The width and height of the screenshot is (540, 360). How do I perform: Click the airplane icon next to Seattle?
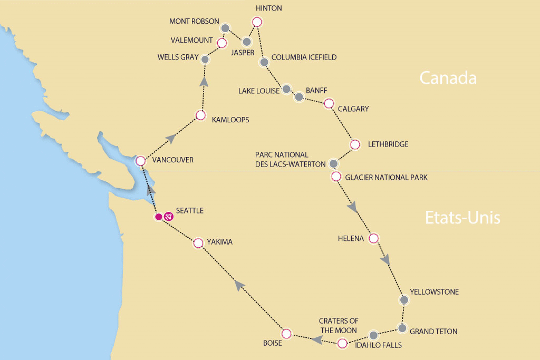coord(168,216)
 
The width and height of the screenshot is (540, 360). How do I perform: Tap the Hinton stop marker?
coord(257,22)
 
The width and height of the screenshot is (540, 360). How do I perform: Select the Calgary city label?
coord(353,109)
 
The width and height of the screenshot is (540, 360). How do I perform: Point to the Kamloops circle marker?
coord(200,115)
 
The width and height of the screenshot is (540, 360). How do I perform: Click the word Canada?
coord(448,78)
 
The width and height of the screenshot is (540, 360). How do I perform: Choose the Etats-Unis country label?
coord(462,217)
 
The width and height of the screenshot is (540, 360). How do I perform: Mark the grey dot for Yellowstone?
coord(404,300)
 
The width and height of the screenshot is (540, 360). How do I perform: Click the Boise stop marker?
coord(286,333)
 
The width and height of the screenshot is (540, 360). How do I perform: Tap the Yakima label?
coord(219,242)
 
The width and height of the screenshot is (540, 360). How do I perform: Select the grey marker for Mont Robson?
coord(225,28)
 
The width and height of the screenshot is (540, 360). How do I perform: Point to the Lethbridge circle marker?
coord(355,144)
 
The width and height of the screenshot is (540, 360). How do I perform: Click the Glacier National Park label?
coord(386,178)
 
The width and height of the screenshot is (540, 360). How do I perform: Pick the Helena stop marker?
coord(374,238)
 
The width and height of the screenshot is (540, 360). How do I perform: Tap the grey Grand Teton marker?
coord(402,328)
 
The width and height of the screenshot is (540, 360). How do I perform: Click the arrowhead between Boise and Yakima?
coord(239,285)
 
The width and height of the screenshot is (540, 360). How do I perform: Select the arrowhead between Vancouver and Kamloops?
coord(170,138)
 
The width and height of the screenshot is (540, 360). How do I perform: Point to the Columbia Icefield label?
coord(303,57)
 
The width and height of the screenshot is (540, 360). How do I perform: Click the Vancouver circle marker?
coord(140,161)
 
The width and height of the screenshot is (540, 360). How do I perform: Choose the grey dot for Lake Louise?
coord(286,89)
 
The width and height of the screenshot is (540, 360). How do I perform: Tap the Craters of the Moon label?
coord(339,326)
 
